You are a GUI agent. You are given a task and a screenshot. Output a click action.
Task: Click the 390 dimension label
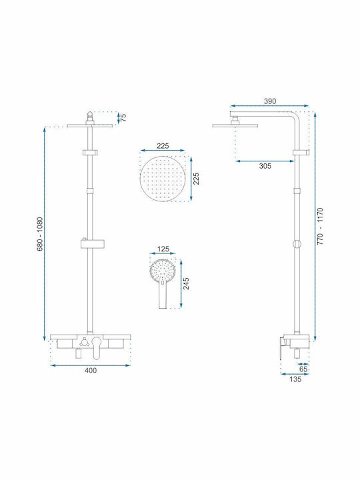tap(270, 101)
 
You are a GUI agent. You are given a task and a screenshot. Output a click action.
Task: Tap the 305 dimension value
tap(265, 166)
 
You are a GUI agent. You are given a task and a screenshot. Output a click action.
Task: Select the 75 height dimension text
tap(123, 117)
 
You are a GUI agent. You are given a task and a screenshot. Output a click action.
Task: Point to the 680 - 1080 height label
tap(40, 234)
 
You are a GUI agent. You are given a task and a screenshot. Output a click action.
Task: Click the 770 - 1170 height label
tap(320, 226)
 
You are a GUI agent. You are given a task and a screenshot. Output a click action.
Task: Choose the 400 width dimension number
tap(91, 371)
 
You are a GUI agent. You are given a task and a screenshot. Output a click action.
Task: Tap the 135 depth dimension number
tap(295, 379)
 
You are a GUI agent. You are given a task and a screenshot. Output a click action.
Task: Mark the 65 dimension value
tap(303, 369)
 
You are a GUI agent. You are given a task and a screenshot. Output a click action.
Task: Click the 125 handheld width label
tap(163, 249)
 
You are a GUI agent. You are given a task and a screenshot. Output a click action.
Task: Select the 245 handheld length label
tap(186, 283)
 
